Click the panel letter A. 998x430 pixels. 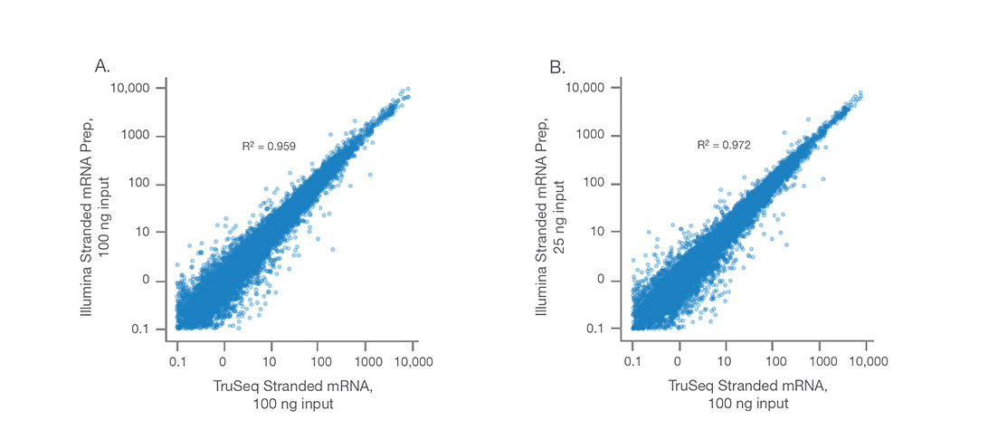point(102,66)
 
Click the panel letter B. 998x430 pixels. point(557,66)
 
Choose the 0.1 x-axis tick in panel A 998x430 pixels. point(177,360)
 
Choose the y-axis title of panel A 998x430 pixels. point(95,206)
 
